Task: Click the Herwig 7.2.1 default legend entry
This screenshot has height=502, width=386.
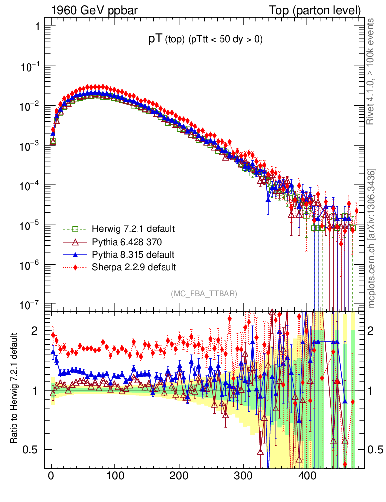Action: click(133, 229)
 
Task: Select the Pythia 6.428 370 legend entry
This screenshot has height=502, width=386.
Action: click(127, 242)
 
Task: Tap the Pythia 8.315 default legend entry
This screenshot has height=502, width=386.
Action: click(133, 254)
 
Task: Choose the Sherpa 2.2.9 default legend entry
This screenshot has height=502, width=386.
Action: click(134, 267)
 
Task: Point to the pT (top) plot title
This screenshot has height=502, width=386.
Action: click(206, 40)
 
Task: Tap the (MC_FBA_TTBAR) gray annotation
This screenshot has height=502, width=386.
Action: click(204, 294)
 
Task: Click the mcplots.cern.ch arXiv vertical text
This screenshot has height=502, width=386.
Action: click(372, 238)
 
